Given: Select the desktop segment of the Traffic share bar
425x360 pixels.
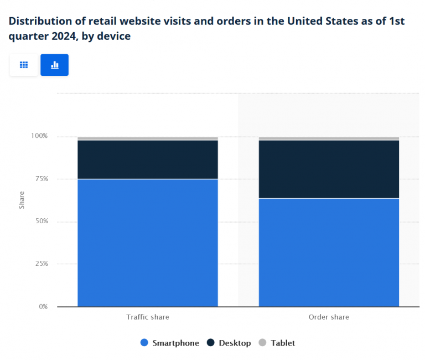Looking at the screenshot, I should pos(147,160).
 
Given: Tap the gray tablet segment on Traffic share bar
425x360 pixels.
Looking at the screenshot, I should pos(147,138).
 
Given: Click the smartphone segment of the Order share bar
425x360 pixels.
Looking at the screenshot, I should pos(329,252).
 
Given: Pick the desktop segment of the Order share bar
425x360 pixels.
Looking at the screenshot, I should pos(329,169).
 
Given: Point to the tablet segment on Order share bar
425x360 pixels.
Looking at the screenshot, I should pos(329,138).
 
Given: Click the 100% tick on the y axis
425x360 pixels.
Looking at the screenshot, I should pos(39,136).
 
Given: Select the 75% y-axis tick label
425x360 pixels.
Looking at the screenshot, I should pos(41,179).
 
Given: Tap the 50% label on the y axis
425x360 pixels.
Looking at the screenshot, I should pos(41,222).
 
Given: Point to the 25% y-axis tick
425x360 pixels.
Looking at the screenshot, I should pos(41,264).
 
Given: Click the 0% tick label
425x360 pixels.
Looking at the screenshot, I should pos(43,307).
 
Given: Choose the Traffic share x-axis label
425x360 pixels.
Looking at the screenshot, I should pos(147,317).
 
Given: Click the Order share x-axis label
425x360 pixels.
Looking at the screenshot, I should pos(329,317).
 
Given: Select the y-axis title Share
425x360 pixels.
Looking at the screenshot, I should pos(22,200).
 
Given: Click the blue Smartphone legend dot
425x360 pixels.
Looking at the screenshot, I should pos(145,343).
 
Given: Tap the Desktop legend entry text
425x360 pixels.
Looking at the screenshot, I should pos(235,343).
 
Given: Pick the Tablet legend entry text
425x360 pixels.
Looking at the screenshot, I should pos(283,343).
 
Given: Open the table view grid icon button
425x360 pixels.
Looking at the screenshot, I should pos(24,65).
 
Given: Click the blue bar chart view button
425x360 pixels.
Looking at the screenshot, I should pos(54,65).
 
